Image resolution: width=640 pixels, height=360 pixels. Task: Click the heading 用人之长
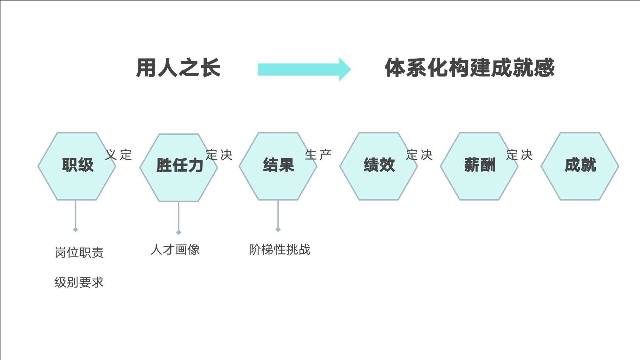coord(178,68)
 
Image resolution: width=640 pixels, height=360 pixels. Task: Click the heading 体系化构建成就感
coord(469,68)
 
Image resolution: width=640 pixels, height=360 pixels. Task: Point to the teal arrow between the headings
coord(304,69)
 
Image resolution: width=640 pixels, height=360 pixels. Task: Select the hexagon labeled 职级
coord(77,166)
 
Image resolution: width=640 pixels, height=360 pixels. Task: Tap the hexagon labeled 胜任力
coord(179,168)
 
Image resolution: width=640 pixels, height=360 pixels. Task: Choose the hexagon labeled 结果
coord(278,166)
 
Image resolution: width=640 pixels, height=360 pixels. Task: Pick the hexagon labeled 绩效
coord(379,166)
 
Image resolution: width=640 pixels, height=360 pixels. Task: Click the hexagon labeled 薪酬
coord(479,166)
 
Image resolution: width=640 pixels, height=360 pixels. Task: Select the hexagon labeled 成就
coord(580,166)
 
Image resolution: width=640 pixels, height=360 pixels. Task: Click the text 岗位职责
coord(79,252)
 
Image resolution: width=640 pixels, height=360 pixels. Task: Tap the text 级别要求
coord(79,282)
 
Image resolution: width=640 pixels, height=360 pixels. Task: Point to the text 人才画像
coord(175,250)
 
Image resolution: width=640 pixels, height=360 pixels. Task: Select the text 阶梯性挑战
coord(280,250)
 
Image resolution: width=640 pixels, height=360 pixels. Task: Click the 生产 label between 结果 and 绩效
coord(318,155)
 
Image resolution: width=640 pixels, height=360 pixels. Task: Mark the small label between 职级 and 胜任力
coord(119,155)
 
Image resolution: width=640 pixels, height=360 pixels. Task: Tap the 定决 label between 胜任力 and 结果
coord(219,155)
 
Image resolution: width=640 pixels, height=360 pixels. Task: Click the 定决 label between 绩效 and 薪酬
coord(420,155)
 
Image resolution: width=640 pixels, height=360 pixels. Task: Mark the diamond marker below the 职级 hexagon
coord(76,229)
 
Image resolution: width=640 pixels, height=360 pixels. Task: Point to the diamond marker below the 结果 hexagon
coord(278,229)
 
